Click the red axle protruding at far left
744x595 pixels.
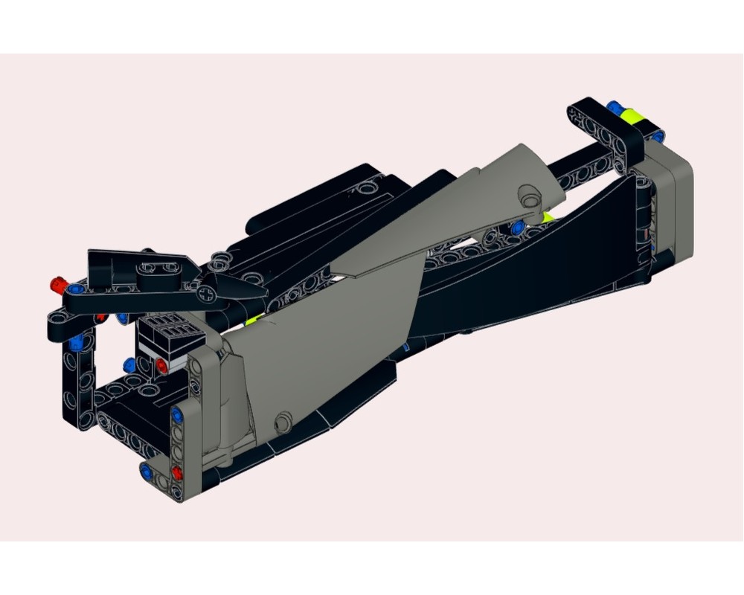click(56, 283)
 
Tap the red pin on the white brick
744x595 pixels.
click(162, 364)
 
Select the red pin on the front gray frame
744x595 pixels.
click(177, 473)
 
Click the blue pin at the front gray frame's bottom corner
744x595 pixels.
click(147, 471)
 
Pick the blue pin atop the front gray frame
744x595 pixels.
click(176, 414)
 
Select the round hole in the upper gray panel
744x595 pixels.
click(530, 199)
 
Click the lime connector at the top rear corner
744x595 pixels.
click(634, 116)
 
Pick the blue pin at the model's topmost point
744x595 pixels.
click(615, 107)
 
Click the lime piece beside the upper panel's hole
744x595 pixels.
click(549, 217)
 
